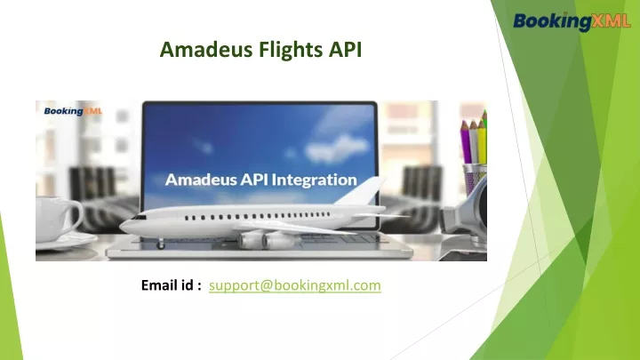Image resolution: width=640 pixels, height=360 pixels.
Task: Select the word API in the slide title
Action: (343, 51)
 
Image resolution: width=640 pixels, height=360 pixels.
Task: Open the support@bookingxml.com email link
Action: (294, 286)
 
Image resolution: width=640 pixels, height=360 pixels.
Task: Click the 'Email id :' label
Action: (172, 286)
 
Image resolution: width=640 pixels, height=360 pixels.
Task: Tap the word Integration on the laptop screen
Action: (313, 180)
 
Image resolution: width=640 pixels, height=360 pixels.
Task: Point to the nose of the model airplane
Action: (124, 227)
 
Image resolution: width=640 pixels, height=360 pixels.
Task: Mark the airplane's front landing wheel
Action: (158, 244)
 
